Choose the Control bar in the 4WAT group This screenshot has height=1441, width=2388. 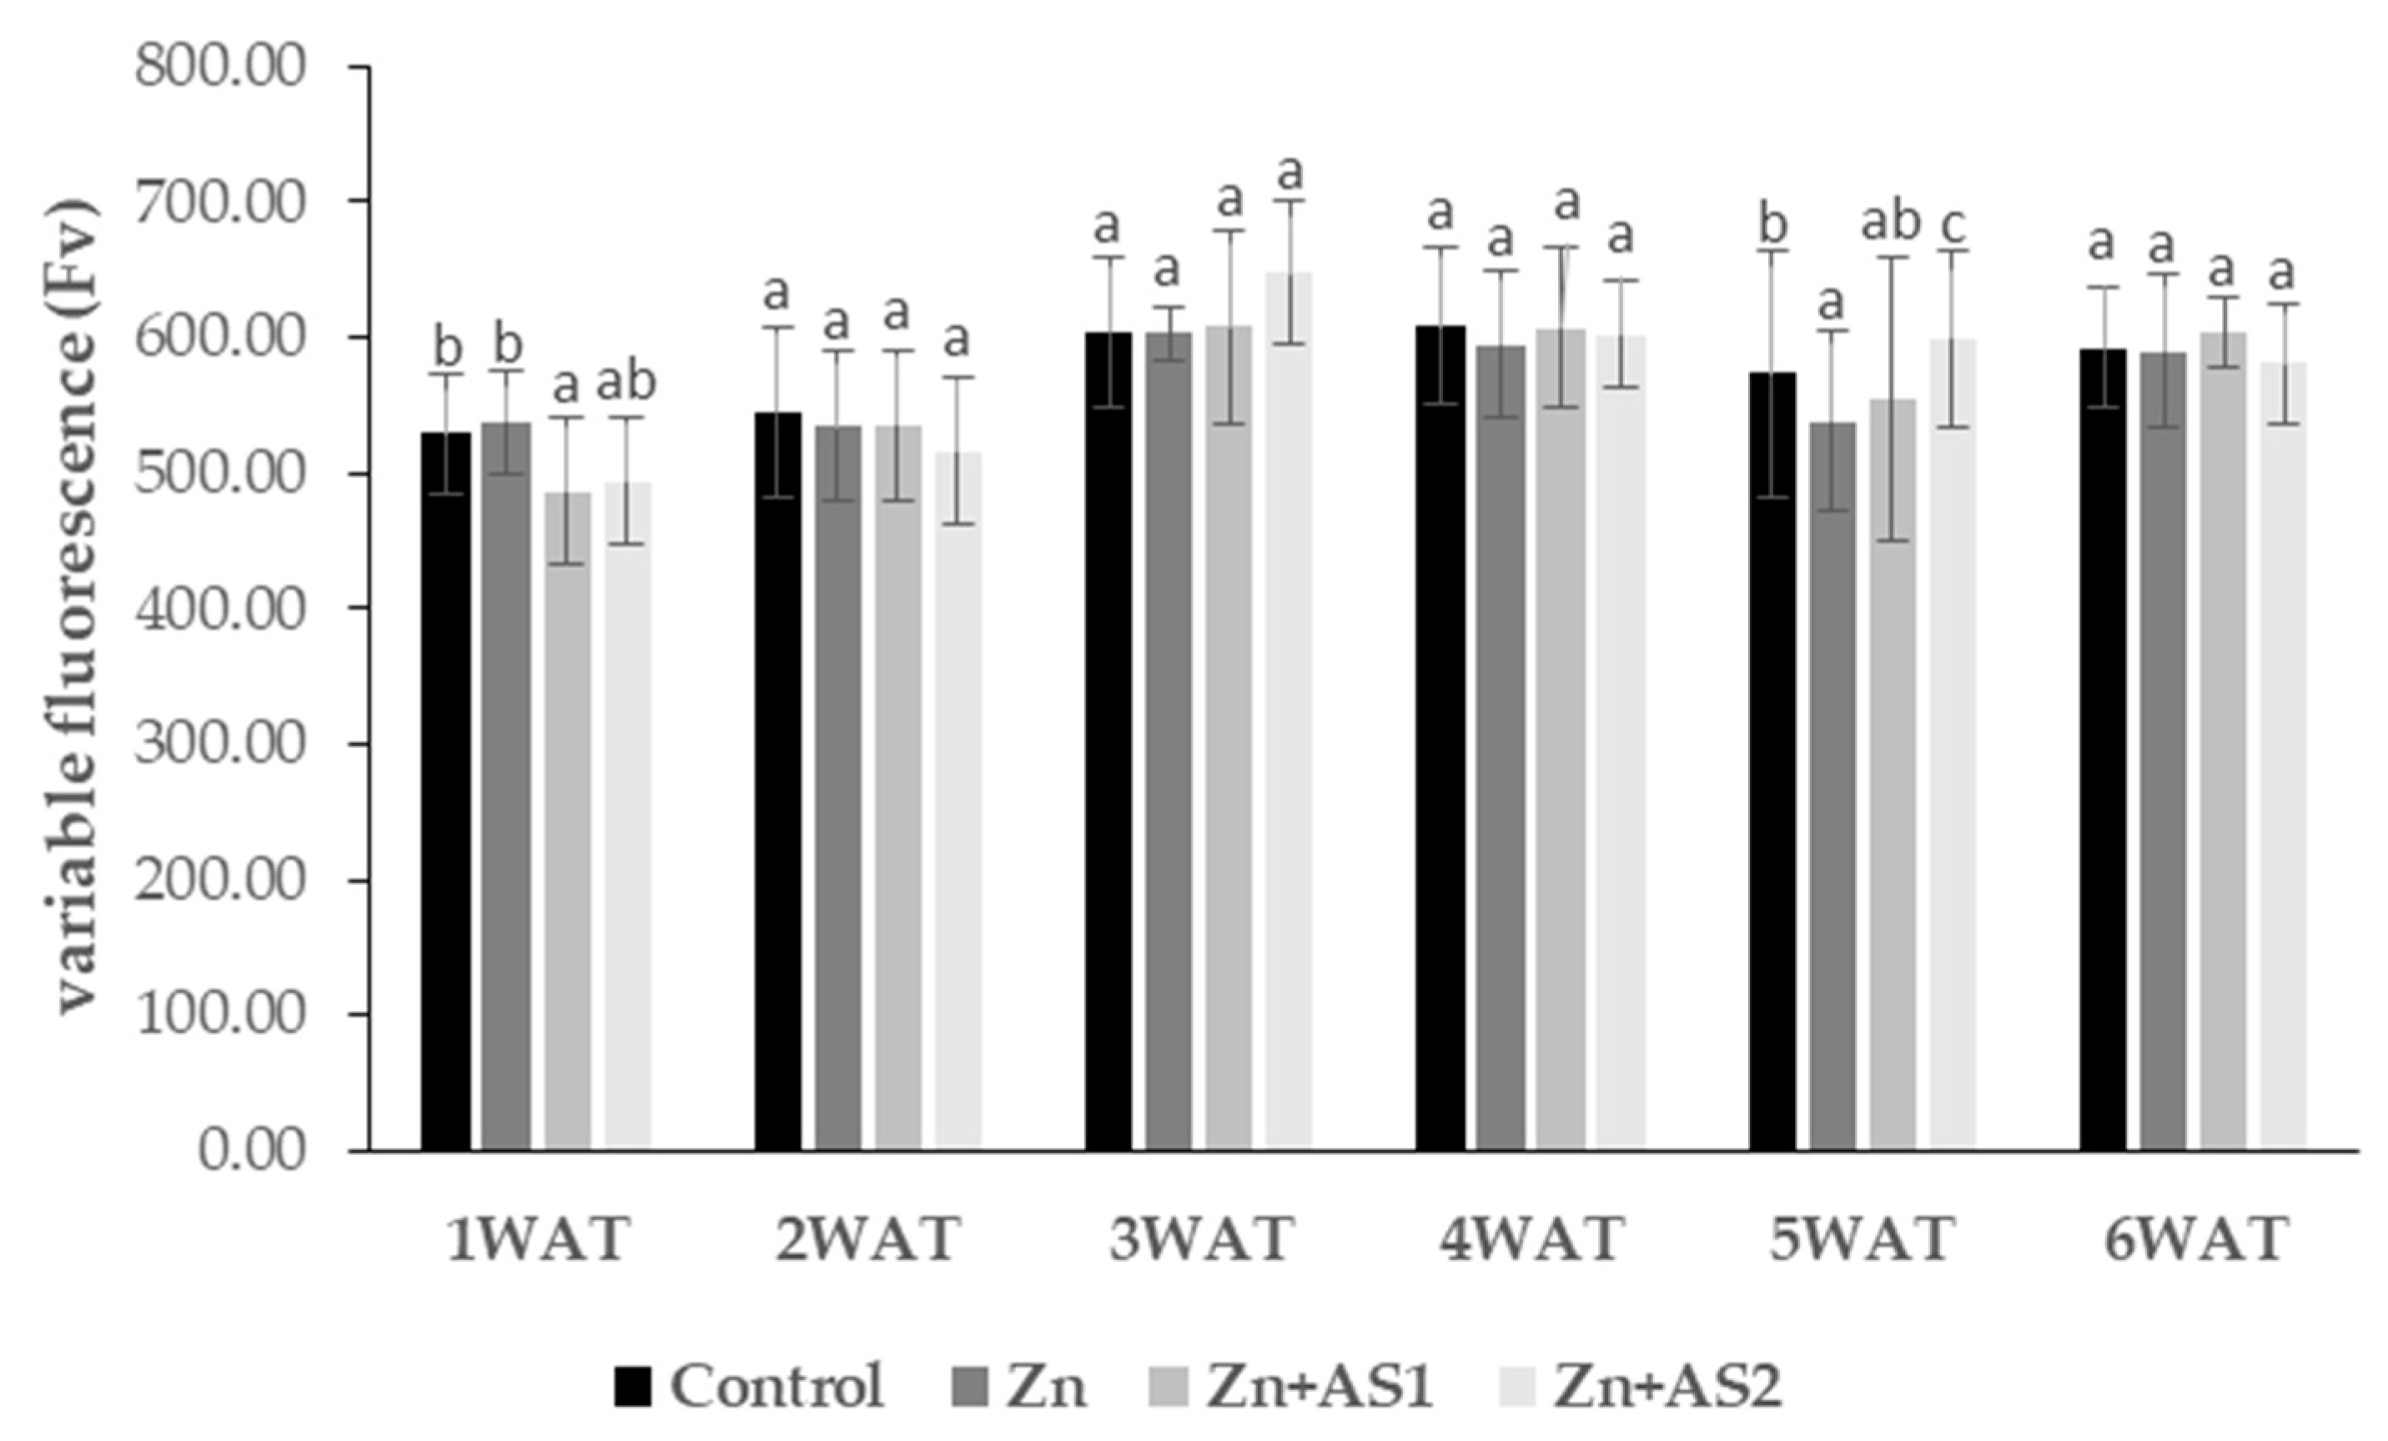(x=1440, y=736)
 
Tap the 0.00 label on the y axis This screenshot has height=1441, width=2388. (x=252, y=1152)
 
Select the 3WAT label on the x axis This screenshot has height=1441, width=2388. (x=1201, y=1239)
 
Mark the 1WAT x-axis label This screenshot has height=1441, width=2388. (x=538, y=1239)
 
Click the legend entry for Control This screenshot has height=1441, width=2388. (x=749, y=1386)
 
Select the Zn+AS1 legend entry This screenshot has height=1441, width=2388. (x=1289, y=1386)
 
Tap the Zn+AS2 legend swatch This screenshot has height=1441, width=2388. (x=1518, y=1386)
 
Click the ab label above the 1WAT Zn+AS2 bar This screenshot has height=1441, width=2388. (x=625, y=381)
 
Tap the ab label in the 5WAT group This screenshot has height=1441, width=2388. (x=1890, y=221)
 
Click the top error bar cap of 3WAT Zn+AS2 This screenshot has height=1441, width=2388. (x=1288, y=201)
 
